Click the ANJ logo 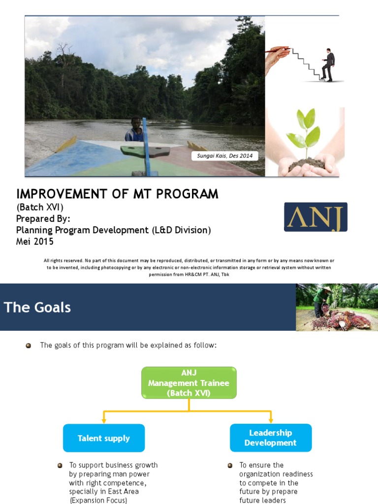coord(315,217)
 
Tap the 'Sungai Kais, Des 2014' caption coord(225,156)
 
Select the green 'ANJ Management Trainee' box coord(189,382)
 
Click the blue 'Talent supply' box coord(104,438)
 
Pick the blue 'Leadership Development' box coord(271,438)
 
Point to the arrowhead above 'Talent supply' coord(104,421)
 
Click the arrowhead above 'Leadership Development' coord(271,421)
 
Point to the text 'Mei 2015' coord(35,241)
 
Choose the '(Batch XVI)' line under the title coord(40,207)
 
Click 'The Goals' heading coord(37,308)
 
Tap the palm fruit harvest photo coord(337,307)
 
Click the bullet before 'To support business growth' coord(60,465)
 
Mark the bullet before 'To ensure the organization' coord(230,465)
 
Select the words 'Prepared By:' coord(43,219)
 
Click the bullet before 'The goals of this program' coord(29,346)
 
